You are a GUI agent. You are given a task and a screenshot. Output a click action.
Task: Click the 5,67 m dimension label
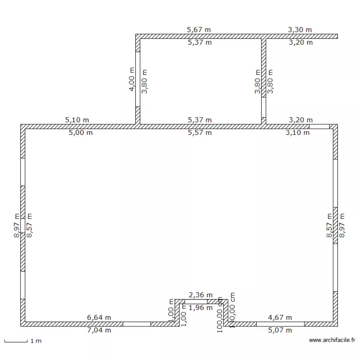click(199, 30)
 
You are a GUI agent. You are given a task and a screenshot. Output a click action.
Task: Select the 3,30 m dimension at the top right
click(300, 30)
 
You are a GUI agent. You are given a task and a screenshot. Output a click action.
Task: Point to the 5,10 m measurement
click(77, 120)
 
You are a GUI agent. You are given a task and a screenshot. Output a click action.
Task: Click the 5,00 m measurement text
click(81, 133)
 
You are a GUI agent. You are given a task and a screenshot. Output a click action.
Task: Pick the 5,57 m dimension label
click(200, 133)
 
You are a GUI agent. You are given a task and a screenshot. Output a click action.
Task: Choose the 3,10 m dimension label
click(298, 133)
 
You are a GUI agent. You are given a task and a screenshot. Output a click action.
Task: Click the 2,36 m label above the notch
click(201, 295)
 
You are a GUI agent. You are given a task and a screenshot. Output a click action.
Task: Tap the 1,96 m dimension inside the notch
click(201, 308)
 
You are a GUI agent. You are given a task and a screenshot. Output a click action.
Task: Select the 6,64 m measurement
click(99, 317)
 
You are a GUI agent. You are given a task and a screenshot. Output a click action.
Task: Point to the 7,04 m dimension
click(99, 330)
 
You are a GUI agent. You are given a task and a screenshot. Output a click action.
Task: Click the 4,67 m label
click(280, 317)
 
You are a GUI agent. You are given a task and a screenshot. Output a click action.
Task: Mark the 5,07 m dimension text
click(280, 330)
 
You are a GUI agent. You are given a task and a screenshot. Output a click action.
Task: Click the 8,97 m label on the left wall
click(17, 226)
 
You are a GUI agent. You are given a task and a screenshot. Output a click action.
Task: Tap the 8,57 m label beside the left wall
click(30, 226)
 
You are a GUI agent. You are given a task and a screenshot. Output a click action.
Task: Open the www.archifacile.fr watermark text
click(332, 340)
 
